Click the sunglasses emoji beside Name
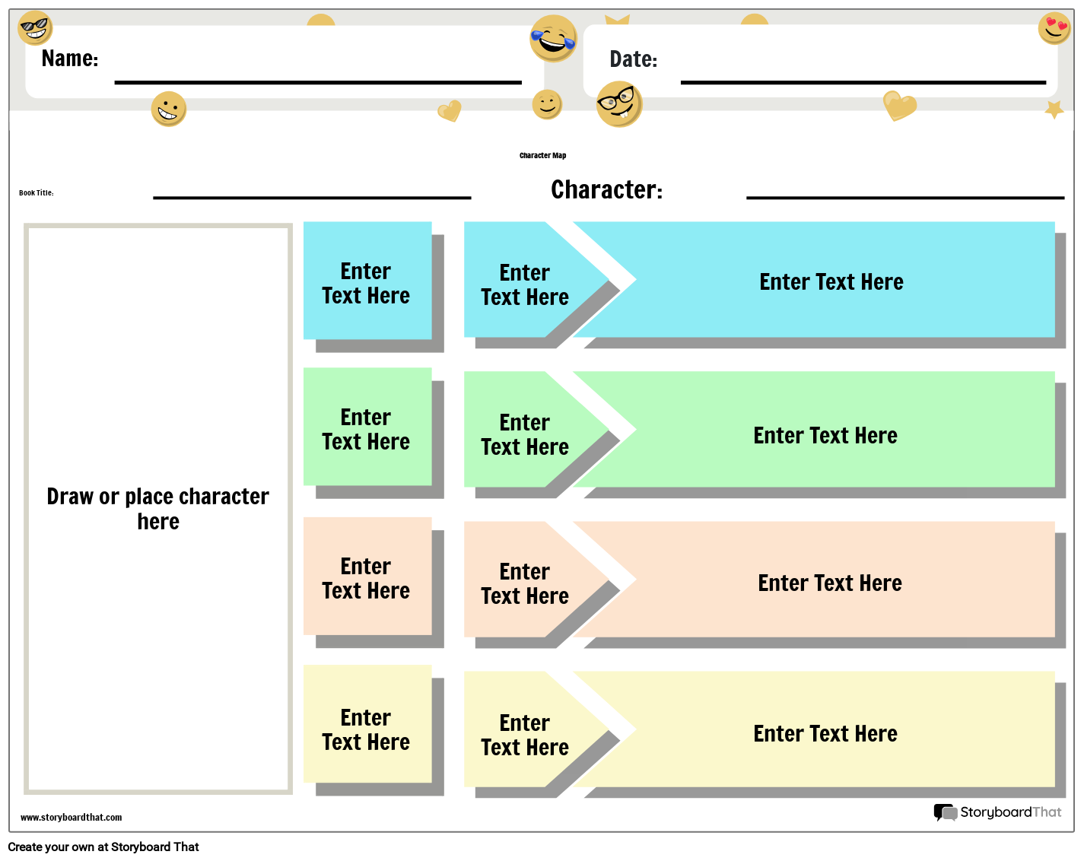click(34, 28)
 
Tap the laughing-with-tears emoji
click(553, 38)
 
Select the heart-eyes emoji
click(1054, 28)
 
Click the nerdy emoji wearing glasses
click(619, 103)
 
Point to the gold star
click(1054, 110)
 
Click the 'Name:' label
click(70, 59)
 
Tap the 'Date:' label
click(633, 59)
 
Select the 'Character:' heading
click(606, 189)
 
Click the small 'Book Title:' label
click(37, 193)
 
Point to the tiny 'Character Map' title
click(542, 156)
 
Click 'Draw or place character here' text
click(158, 509)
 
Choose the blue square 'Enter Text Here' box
click(367, 282)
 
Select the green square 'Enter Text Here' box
click(367, 429)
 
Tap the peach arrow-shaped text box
click(525, 583)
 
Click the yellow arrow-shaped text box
click(525, 735)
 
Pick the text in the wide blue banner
click(831, 282)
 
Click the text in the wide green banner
click(825, 436)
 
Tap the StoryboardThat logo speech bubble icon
click(945, 812)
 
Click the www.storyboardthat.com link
click(71, 818)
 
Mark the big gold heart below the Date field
click(899, 105)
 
